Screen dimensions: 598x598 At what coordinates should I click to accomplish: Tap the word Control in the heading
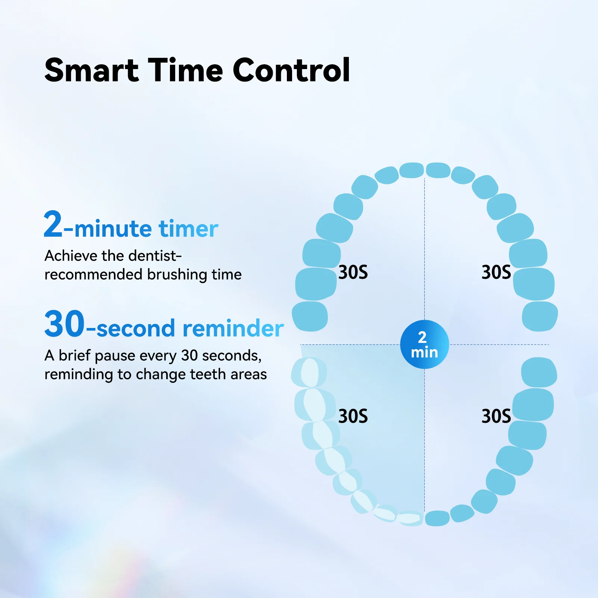(x=291, y=70)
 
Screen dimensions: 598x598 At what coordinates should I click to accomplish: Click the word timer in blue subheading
(x=188, y=229)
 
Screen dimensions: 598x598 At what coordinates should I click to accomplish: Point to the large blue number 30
(x=65, y=324)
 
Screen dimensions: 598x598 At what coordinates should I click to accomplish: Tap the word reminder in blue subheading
(x=233, y=329)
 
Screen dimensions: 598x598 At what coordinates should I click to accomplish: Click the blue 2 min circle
(x=424, y=344)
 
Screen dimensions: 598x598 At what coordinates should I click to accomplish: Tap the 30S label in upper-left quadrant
(x=353, y=272)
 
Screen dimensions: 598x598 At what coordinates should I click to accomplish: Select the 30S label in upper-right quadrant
(x=496, y=272)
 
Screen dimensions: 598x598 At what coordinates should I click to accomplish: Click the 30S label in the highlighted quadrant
(x=353, y=416)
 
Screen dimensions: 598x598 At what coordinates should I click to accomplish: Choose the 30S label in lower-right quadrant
(x=496, y=416)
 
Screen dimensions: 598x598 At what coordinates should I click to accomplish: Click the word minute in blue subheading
(x=113, y=229)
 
